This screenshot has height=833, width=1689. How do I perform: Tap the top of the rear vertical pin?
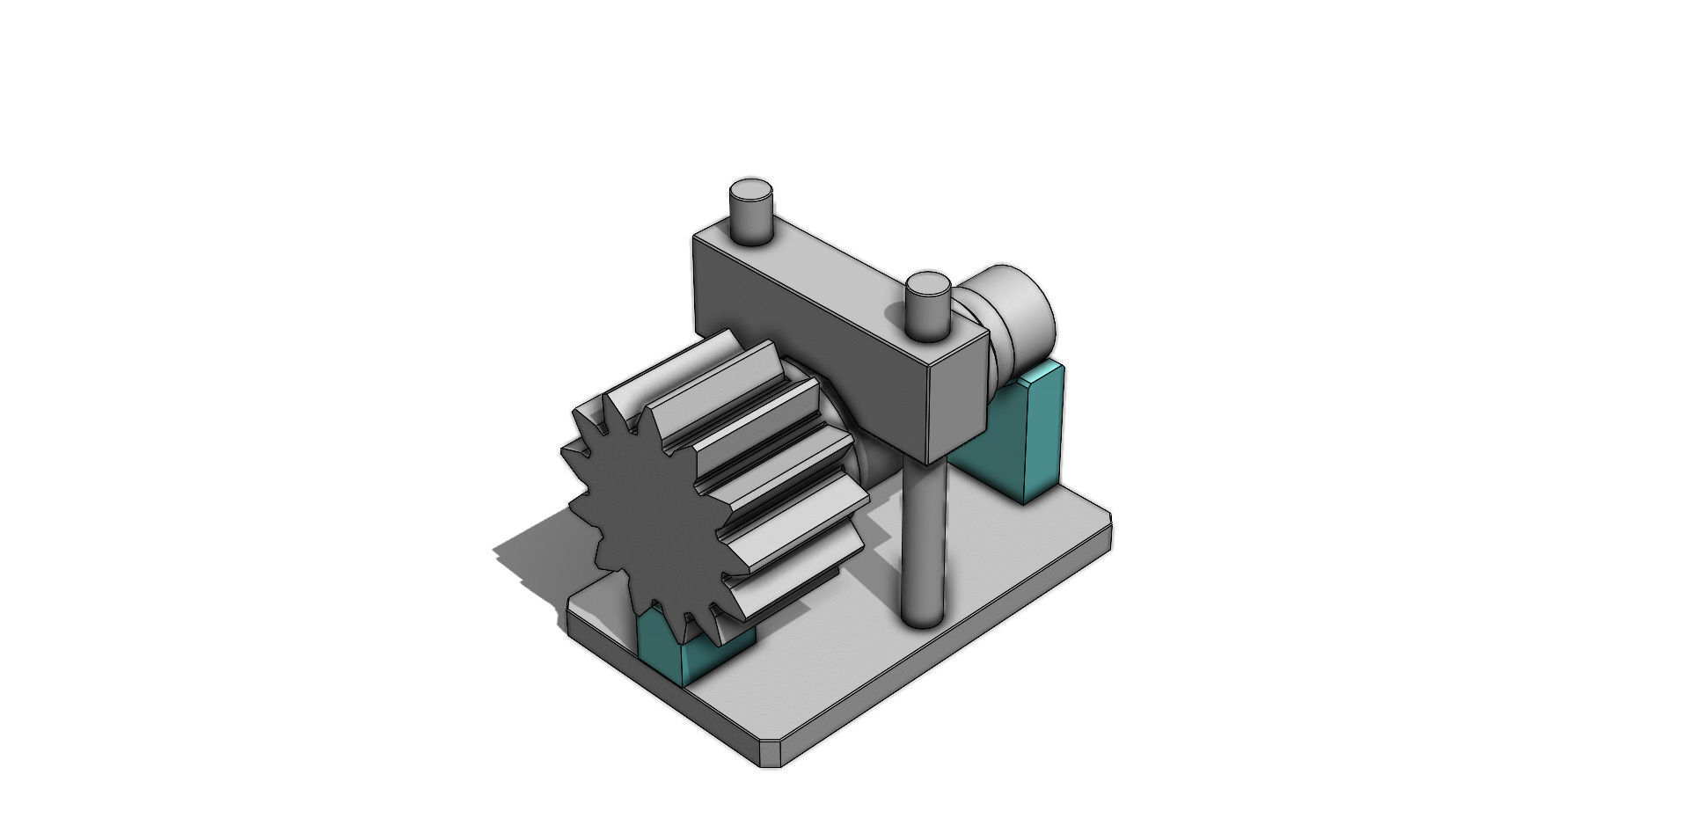[751, 190]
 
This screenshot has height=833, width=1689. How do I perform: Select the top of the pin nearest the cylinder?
[927, 284]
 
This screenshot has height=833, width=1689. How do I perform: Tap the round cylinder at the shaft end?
[1025, 312]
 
